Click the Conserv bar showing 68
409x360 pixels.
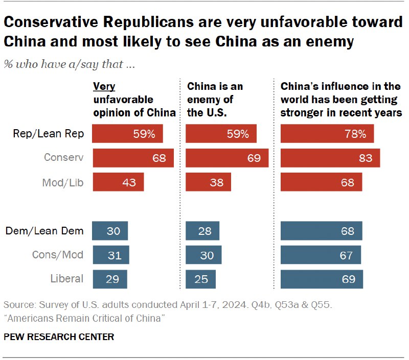coord(133,158)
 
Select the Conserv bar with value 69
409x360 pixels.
coord(227,158)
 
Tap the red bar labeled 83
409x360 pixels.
coord(330,158)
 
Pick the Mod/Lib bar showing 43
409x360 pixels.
coord(118,182)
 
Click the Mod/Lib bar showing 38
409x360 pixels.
coord(208,182)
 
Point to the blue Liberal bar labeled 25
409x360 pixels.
coord(200,279)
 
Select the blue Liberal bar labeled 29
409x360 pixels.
coord(109,279)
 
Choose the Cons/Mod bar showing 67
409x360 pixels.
coord(321,255)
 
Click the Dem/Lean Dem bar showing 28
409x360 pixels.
coord(202,231)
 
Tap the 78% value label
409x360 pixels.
coord(355,134)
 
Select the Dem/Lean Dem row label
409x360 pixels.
coord(44,231)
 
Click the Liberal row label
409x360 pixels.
coord(66,279)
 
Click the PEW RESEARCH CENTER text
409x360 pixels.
coord(59,337)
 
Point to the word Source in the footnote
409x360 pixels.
coord(18,305)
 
